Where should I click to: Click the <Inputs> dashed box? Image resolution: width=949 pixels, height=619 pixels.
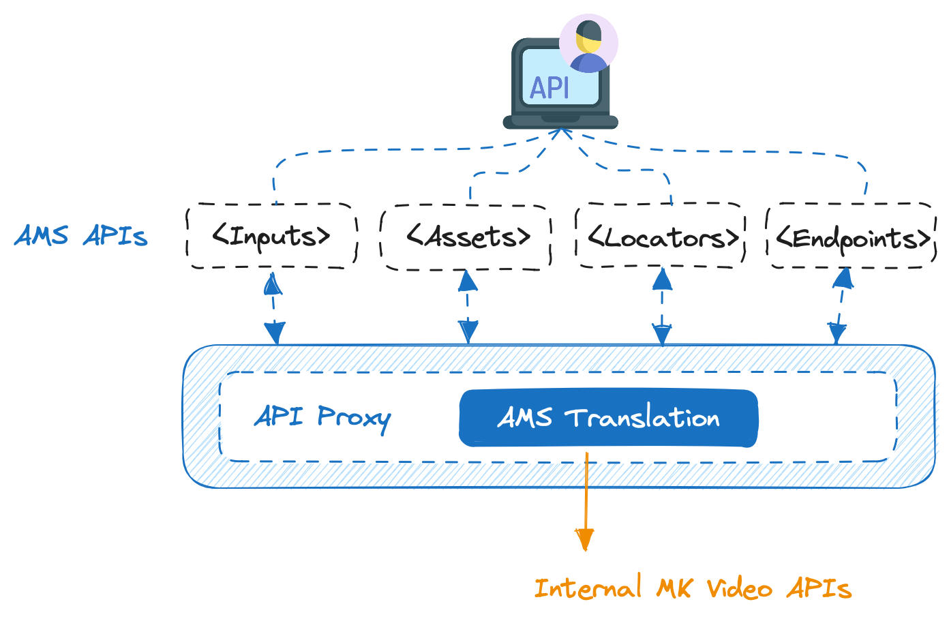click(271, 236)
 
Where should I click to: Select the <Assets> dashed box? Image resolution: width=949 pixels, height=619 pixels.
click(466, 237)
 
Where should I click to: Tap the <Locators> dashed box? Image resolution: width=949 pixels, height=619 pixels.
click(661, 236)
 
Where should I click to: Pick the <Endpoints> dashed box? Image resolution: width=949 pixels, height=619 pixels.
click(852, 237)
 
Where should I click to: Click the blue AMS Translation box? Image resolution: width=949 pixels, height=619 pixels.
click(608, 418)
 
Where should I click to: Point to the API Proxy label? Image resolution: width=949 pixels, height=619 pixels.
click(322, 417)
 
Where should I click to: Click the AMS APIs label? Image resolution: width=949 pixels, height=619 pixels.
click(81, 236)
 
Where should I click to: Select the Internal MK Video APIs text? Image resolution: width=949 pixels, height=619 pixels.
click(692, 588)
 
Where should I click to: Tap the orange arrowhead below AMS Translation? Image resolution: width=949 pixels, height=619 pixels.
click(584, 539)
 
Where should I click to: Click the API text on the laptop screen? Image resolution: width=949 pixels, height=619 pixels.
click(549, 88)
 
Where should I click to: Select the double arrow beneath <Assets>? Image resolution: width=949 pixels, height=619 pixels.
click(468, 307)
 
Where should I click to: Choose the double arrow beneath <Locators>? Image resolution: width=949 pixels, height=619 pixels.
click(662, 307)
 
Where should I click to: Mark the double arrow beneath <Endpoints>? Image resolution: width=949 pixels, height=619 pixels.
click(841, 307)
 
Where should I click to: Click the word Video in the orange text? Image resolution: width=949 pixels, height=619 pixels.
click(739, 588)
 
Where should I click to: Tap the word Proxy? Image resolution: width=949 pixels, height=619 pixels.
click(354, 417)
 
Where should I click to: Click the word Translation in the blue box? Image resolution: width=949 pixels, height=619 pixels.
click(642, 418)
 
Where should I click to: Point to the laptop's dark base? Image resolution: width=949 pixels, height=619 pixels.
click(560, 122)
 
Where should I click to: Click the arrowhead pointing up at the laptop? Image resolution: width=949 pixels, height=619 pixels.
click(562, 133)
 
